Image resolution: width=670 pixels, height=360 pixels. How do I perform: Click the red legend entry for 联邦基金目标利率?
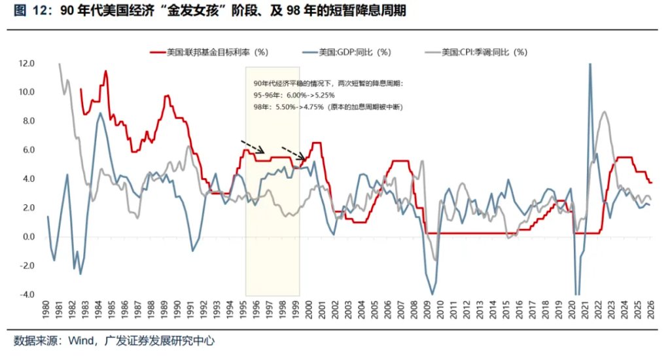pos(209,52)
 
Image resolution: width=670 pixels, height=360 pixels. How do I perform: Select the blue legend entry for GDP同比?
pos(347,52)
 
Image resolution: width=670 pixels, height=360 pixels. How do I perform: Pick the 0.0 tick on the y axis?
pos(27,237)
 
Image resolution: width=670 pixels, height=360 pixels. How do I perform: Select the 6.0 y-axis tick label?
pos(27,150)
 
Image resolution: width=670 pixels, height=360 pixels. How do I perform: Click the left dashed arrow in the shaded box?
pos(251,145)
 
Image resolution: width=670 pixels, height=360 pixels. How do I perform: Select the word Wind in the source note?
pos(81,341)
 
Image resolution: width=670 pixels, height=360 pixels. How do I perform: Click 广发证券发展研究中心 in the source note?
pos(155,341)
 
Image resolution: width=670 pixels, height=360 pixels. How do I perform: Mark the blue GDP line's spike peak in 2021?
pos(590,65)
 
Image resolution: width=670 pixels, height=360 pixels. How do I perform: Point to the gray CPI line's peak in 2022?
pos(604,112)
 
